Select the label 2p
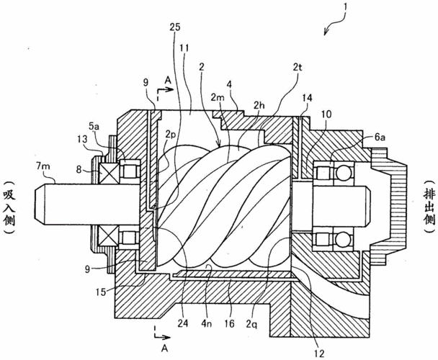(x=171, y=133)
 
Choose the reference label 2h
(x=258, y=105)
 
